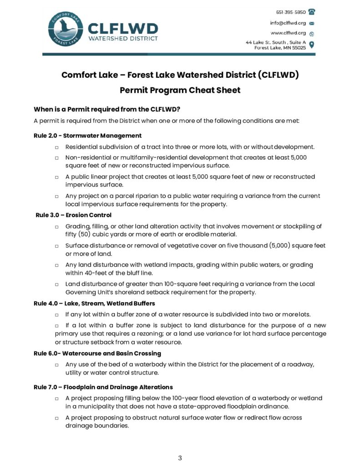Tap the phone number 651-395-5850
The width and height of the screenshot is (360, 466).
291,12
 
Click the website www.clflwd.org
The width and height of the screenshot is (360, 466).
289,33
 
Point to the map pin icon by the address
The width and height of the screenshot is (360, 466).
312,45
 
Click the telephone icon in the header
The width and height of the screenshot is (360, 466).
312,12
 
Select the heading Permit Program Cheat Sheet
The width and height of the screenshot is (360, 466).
180,90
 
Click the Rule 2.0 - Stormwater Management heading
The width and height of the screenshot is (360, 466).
87,136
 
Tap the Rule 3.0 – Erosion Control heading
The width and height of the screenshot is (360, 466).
73,215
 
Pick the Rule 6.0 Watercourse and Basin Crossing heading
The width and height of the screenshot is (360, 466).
97,353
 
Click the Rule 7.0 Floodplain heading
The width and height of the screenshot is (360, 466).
103,387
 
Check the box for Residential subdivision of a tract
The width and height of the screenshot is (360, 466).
56,147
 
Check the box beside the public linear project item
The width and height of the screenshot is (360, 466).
56,177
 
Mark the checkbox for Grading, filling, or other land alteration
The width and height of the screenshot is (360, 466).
56,227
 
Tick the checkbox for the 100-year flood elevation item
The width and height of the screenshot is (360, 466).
56,399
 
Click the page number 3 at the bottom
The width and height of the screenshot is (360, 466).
180,458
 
